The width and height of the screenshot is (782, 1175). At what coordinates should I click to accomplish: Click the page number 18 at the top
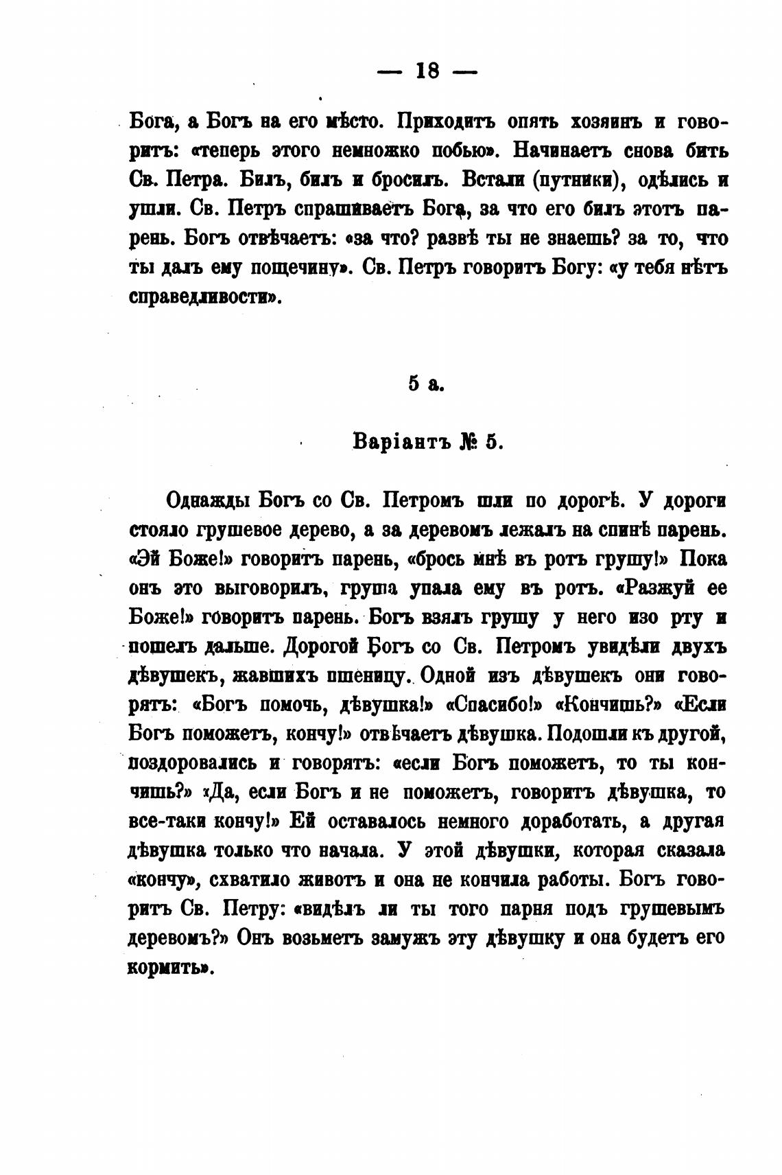tap(427, 71)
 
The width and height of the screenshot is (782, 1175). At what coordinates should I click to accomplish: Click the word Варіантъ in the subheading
tap(396, 442)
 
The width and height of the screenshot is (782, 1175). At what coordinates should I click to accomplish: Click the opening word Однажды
tap(209, 501)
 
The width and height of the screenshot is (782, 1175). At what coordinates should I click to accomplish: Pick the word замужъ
tap(405, 938)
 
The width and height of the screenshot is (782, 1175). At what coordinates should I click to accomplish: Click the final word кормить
tap(167, 968)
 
